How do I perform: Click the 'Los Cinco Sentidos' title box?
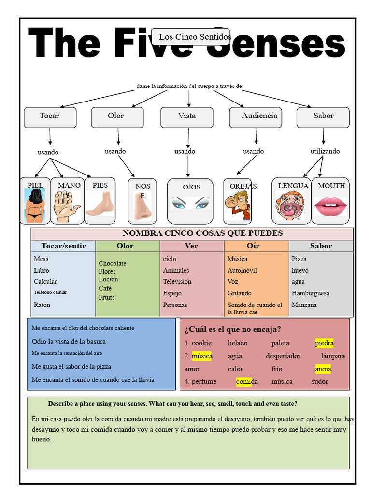coord(190,37)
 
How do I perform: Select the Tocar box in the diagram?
coord(50,117)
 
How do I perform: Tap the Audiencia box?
coord(256,117)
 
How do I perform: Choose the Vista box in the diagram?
coord(187,117)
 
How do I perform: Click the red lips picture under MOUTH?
coord(330,207)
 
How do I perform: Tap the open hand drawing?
coord(66,207)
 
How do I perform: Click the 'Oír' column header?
coord(253,246)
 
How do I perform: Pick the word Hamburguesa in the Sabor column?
coord(311,293)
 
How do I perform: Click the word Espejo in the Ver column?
coord(172,293)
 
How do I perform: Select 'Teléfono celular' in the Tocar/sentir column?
coord(50,292)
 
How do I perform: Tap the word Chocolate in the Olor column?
coord(112,263)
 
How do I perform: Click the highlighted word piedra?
coord(324,343)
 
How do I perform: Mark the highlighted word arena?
coord(323,369)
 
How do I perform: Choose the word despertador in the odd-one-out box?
coord(283,356)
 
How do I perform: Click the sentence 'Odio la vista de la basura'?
coord(69,342)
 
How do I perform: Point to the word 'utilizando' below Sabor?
coord(325,151)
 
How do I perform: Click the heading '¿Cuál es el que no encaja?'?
coord(233,329)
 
